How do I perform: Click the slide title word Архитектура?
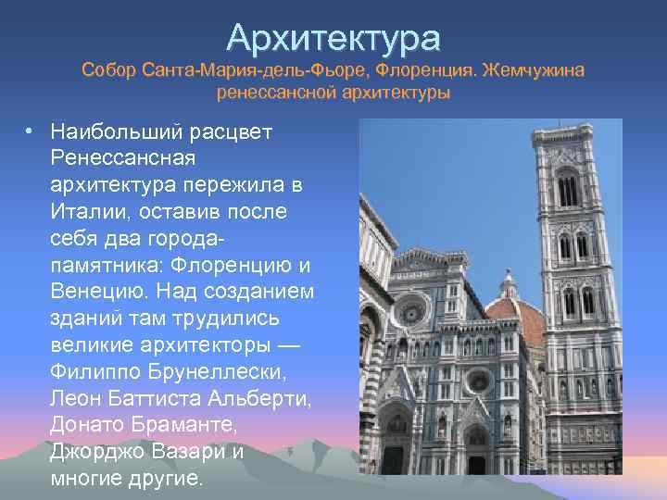point(333,38)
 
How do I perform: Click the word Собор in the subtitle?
point(107,70)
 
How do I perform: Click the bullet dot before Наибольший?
point(31,131)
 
